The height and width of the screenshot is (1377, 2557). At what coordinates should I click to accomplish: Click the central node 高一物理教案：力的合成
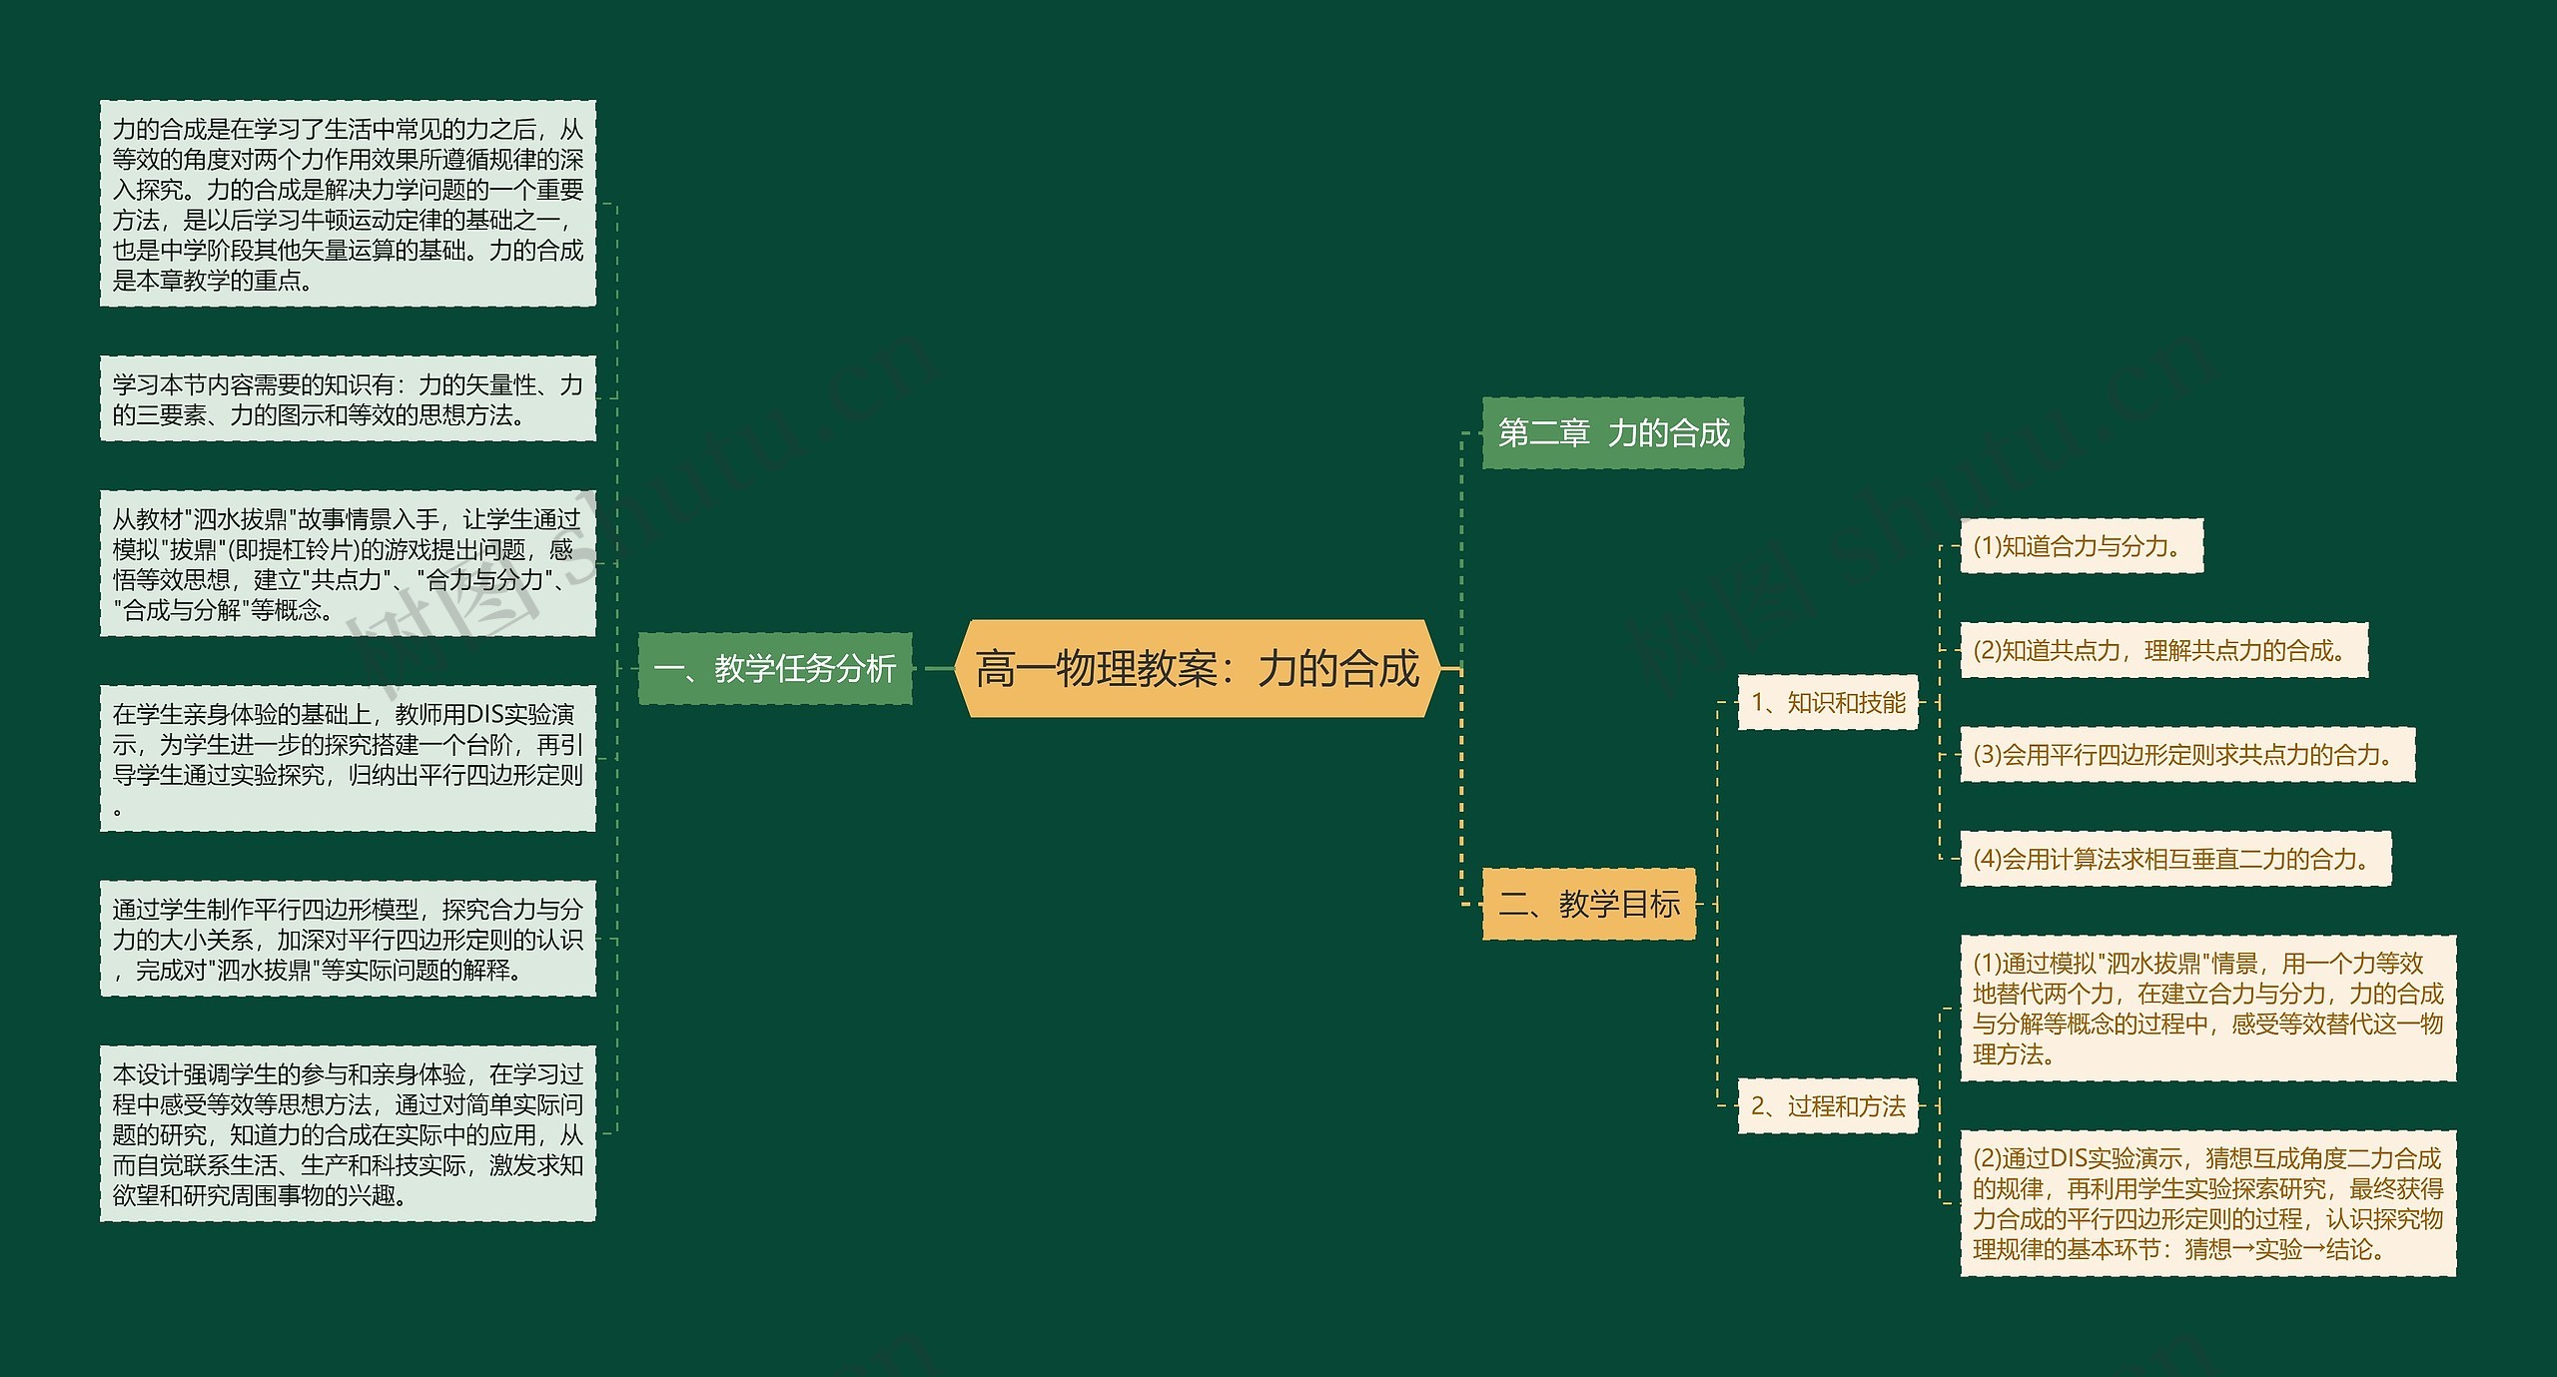[x=1197, y=668]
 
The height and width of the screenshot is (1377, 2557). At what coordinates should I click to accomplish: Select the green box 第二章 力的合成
[x=1612, y=432]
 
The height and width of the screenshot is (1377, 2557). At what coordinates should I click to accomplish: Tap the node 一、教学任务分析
[x=774, y=668]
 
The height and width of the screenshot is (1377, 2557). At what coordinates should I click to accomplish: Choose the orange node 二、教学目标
[x=1588, y=904]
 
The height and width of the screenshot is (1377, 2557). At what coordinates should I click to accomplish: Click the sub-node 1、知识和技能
[x=1827, y=703]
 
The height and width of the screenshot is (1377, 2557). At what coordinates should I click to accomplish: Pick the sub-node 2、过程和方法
[x=1827, y=1105]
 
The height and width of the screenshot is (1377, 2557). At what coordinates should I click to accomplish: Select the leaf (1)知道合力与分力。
[x=2081, y=546]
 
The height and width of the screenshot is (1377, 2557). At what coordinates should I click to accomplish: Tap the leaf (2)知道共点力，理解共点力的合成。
[x=2162, y=650]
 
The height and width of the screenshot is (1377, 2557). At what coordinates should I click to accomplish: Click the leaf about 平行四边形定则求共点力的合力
[x=2186, y=755]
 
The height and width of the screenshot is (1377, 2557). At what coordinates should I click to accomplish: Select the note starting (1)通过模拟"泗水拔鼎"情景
[x=2207, y=1008]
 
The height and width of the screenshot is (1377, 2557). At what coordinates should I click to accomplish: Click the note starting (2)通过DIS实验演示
[x=2207, y=1203]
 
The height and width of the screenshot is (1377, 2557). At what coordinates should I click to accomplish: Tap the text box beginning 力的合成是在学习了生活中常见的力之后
[x=348, y=204]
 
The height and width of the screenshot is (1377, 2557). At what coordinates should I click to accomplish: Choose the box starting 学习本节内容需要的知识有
[x=348, y=398]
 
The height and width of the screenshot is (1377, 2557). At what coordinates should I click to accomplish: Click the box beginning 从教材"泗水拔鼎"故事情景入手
[x=348, y=563]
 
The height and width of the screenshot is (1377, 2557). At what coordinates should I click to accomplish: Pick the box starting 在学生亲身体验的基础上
[x=348, y=758]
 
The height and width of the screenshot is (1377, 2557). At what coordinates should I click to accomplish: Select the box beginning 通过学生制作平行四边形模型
[x=348, y=939]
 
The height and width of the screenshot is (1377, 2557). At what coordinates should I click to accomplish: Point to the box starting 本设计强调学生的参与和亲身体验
[x=348, y=1133]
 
